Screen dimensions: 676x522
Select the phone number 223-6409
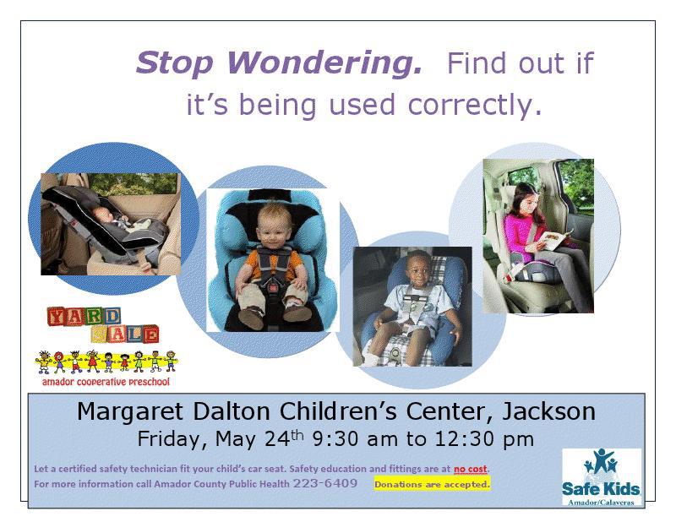[x=325, y=483]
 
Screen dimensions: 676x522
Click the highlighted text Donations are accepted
[x=432, y=484]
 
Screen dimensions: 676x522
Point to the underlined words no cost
[x=471, y=469]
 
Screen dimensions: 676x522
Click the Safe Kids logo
[x=602, y=477]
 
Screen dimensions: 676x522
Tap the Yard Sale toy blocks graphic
[x=102, y=324]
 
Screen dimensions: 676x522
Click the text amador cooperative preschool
[x=106, y=382]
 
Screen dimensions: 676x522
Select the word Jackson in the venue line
[x=548, y=411]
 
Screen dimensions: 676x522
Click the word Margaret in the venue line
[x=129, y=411]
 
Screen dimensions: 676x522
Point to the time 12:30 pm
[x=484, y=439]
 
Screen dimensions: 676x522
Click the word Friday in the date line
[x=170, y=440]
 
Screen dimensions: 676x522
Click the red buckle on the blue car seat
[x=271, y=285]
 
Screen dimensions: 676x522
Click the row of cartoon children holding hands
[x=106, y=362]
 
